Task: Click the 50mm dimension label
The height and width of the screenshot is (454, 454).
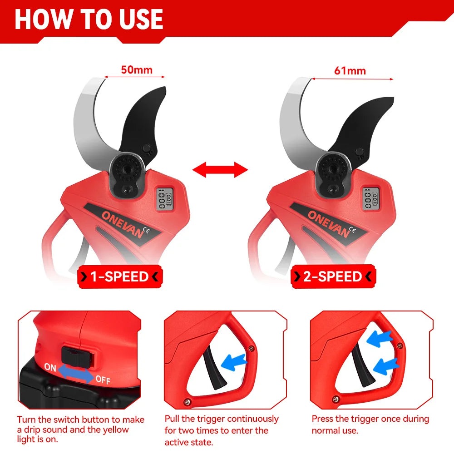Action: click(x=136, y=70)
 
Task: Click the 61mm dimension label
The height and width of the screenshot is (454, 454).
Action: click(x=350, y=71)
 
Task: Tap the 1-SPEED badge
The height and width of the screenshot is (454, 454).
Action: click(x=120, y=276)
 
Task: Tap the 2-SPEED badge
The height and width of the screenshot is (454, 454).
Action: click(x=333, y=276)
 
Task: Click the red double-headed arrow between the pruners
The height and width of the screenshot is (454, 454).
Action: click(x=220, y=170)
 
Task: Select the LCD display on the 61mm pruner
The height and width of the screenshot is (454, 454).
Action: click(x=371, y=198)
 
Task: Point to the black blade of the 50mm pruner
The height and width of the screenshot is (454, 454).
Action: click(x=142, y=122)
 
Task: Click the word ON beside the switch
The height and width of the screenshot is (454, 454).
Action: click(x=50, y=367)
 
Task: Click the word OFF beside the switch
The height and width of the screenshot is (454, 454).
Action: click(x=103, y=379)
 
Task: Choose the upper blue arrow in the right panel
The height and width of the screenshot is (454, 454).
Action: click(x=380, y=339)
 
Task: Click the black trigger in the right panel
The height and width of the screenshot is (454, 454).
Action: click(x=362, y=365)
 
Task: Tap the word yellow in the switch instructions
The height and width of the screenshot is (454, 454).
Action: click(x=113, y=429)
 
